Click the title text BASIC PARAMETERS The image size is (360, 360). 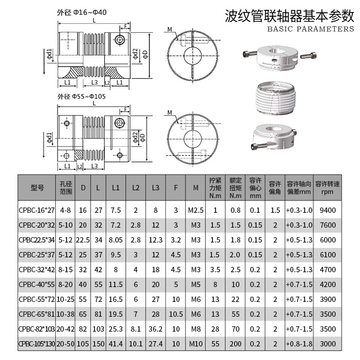pyautogui.click(x=310, y=29)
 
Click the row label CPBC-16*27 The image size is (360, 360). pyautogui.click(x=36, y=210)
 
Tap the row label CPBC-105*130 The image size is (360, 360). pyautogui.click(x=36, y=343)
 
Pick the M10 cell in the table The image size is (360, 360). pyautogui.click(x=195, y=343)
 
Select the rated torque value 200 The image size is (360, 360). pyautogui.click(x=235, y=343)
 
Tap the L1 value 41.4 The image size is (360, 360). pyautogui.click(x=116, y=343)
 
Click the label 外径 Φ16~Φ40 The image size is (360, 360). pyautogui.click(x=82, y=12)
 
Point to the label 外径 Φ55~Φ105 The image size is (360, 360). pyautogui.click(x=81, y=96)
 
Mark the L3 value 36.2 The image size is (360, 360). pyautogui.click(x=155, y=328)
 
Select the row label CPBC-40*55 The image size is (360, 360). pyautogui.click(x=36, y=284)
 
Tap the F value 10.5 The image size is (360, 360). pyautogui.click(x=175, y=314)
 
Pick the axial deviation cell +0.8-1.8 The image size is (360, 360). pyautogui.click(x=299, y=343)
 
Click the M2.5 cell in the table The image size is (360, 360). pyautogui.click(x=195, y=210)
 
